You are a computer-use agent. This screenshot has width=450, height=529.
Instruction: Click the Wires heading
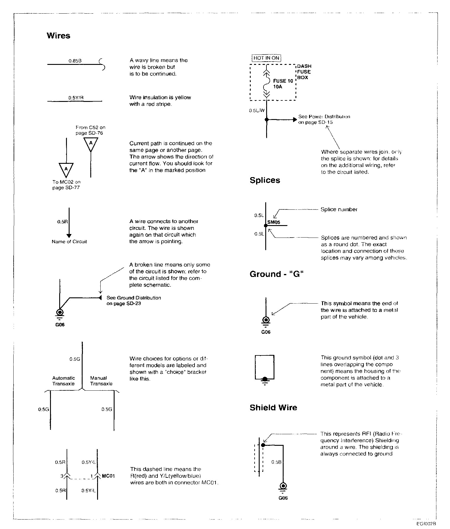(x=58, y=36)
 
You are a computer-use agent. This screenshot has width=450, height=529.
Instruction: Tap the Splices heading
(x=265, y=180)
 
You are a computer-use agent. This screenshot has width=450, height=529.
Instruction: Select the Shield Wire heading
(x=273, y=408)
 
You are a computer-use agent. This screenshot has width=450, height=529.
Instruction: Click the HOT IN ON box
(x=266, y=58)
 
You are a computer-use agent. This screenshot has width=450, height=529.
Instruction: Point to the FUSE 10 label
(x=283, y=81)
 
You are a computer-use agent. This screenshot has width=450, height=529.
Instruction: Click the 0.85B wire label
(x=75, y=61)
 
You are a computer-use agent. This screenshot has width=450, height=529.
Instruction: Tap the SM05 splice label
(x=274, y=222)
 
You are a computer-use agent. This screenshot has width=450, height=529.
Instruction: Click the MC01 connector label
(x=108, y=476)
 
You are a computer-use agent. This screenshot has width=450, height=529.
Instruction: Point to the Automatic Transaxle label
(x=63, y=381)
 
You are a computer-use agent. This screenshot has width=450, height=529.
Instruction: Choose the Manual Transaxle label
(x=101, y=381)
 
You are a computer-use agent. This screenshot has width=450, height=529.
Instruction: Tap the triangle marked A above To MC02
(x=66, y=169)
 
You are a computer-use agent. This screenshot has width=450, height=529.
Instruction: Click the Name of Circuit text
(x=69, y=242)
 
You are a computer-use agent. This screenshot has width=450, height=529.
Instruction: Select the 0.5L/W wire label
(x=257, y=110)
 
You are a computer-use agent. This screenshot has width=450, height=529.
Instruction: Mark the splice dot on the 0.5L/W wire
(x=266, y=119)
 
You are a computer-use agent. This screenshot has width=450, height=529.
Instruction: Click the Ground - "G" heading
(x=277, y=274)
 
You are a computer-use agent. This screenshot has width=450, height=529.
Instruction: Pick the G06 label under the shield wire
(x=283, y=498)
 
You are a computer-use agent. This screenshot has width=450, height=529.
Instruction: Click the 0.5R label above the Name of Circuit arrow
(x=61, y=222)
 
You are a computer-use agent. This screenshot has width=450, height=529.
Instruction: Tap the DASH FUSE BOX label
(x=304, y=72)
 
